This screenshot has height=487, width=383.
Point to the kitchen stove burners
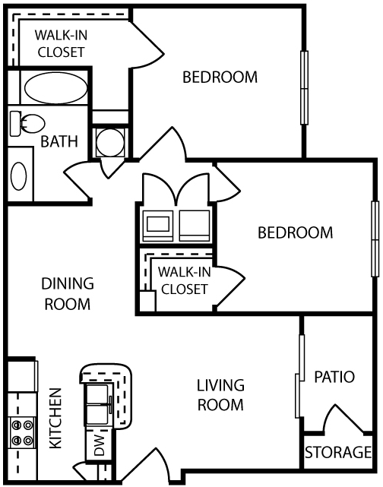tap(21, 432)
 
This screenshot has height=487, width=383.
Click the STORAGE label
tap(337, 454)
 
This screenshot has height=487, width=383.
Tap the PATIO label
tap(334, 377)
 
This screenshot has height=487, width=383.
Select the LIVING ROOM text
tap(221, 394)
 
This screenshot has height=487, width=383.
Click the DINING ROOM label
tap(67, 294)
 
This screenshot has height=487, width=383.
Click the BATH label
tap(57, 141)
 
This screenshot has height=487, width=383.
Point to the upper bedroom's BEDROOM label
tap(220, 77)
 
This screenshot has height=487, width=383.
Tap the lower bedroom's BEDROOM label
tap(296, 232)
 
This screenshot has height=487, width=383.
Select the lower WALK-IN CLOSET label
tap(183, 280)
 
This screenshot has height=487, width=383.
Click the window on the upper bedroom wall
tap(305, 87)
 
